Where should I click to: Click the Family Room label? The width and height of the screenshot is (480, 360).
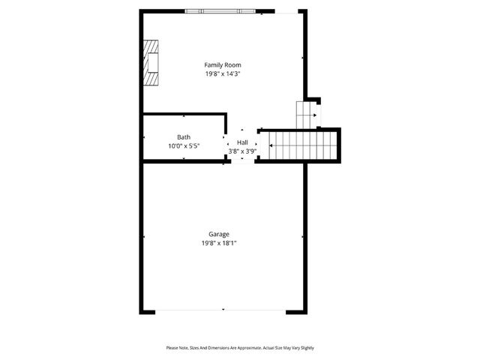tap(223, 65)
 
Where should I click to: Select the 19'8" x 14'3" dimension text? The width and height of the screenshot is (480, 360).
tap(223, 74)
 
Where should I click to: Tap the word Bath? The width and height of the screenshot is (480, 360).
tap(184, 137)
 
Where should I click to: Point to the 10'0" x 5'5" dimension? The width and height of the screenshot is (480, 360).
tap(184, 146)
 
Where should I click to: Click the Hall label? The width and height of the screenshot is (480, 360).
tap(242, 142)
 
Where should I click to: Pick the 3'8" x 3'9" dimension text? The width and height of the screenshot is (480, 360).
tap(242, 151)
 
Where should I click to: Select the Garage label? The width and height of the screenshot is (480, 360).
tap(219, 234)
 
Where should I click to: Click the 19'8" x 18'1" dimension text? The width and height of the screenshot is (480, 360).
tap(219, 243)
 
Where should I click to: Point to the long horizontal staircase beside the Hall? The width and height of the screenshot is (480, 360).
tap(300, 144)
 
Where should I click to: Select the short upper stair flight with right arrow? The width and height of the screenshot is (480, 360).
tap(306, 114)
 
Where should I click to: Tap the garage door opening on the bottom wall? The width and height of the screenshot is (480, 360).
tap(223, 310)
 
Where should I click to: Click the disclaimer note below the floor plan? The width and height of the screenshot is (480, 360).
tap(240, 348)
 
